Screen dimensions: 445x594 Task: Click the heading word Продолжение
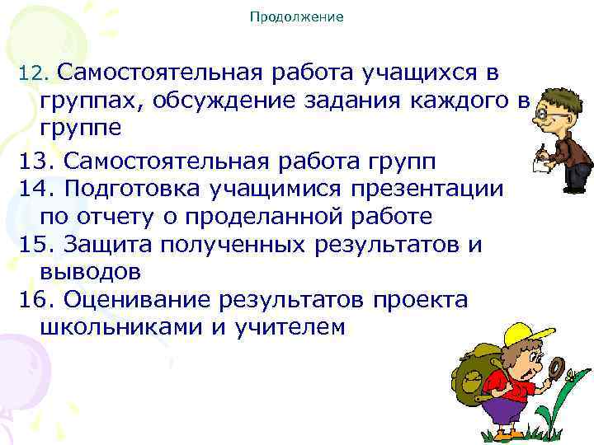click(296, 16)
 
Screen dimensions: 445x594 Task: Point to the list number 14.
click(34, 187)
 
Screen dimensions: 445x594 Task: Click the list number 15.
click(34, 243)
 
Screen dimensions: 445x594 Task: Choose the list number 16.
click(34, 299)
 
